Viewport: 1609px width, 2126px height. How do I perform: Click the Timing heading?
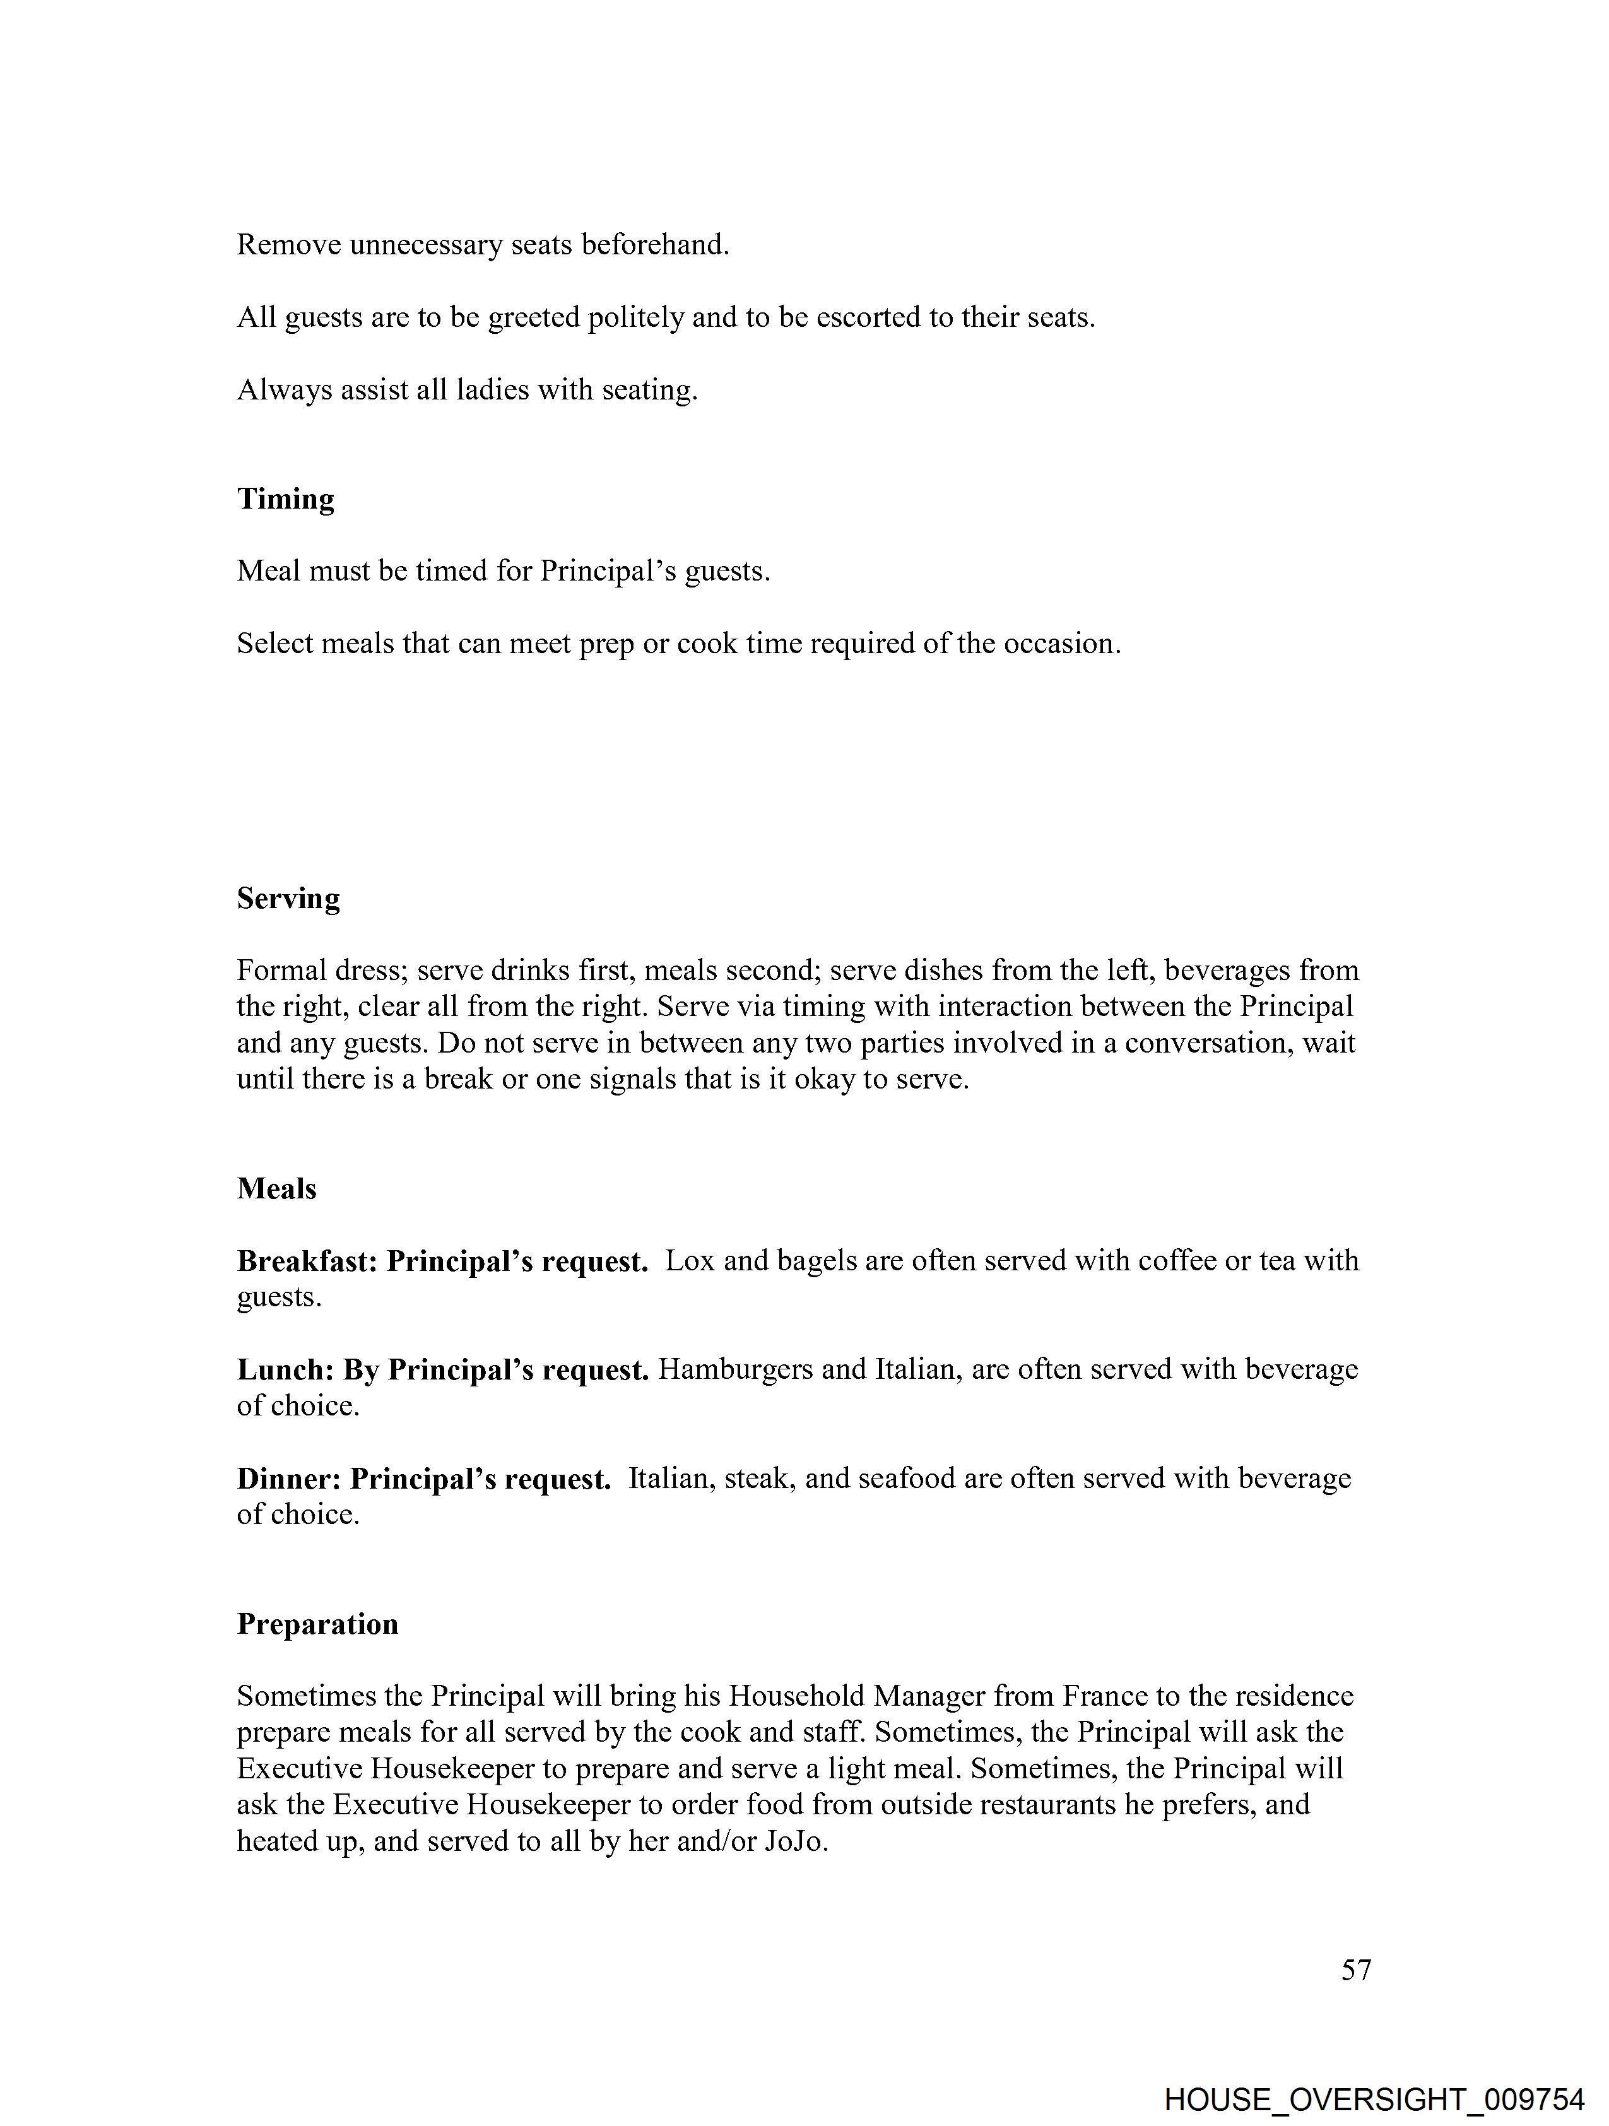pyautogui.click(x=285, y=499)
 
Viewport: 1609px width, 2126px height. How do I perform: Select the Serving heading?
pyautogui.click(x=288, y=899)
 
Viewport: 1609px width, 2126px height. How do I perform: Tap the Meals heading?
pyautogui.click(x=277, y=1189)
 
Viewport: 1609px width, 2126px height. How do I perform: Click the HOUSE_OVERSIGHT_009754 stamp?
pyautogui.click(x=1374, y=2099)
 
